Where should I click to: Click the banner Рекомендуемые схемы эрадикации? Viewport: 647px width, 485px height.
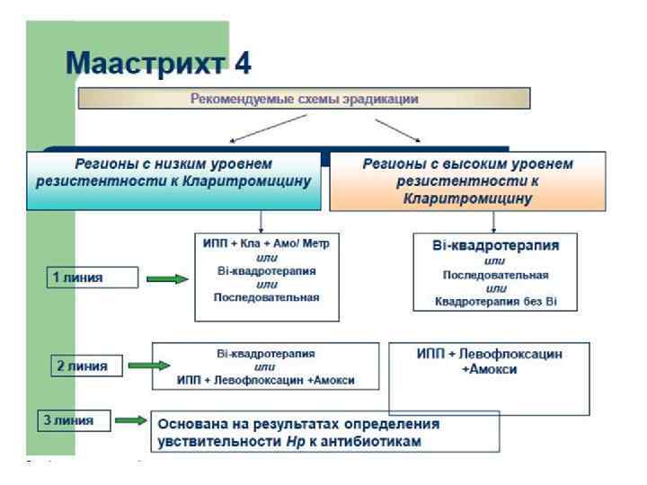click(x=304, y=98)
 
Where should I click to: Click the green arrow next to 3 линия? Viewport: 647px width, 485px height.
click(x=130, y=419)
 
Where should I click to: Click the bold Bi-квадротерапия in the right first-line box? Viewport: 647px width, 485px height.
click(x=493, y=245)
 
